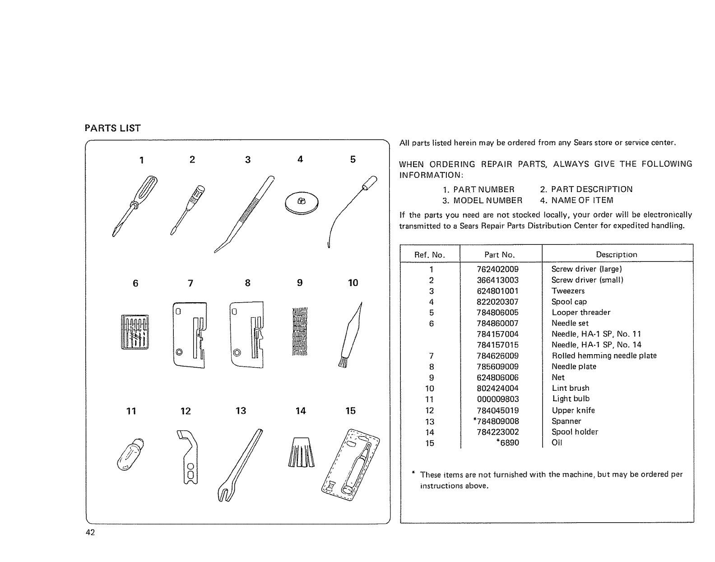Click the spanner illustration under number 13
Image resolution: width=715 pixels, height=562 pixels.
240,465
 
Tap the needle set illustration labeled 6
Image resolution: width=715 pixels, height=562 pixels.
134,332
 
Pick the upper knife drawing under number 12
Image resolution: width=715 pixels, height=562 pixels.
189,457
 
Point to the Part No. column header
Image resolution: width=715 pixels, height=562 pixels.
499,255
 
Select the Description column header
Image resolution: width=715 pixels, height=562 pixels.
616,255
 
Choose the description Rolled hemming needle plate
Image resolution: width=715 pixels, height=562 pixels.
604,356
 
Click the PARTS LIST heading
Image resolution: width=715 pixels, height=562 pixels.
113,128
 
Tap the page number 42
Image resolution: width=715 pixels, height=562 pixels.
90,533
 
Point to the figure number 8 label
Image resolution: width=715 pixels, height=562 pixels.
247,283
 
